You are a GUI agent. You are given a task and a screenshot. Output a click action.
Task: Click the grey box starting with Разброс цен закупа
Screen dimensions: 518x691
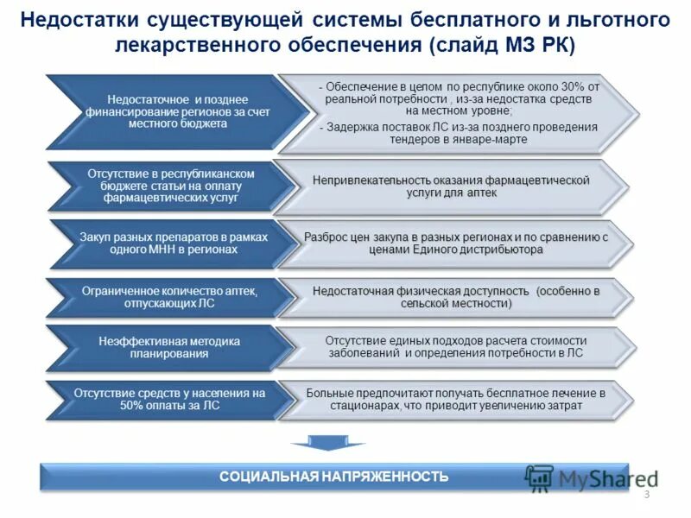456,243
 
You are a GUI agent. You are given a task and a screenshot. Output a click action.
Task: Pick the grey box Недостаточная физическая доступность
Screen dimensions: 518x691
455,297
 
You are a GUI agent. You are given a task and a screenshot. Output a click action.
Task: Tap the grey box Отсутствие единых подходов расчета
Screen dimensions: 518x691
455,347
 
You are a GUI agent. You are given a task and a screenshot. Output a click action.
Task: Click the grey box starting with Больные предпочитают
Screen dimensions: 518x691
455,399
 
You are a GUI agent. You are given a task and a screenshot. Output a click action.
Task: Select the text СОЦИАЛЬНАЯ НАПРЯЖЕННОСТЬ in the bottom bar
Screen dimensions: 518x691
333,477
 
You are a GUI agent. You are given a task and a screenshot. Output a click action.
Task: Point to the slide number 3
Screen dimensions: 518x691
645,494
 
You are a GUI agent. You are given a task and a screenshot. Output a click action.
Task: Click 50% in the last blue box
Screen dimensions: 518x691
133,405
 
